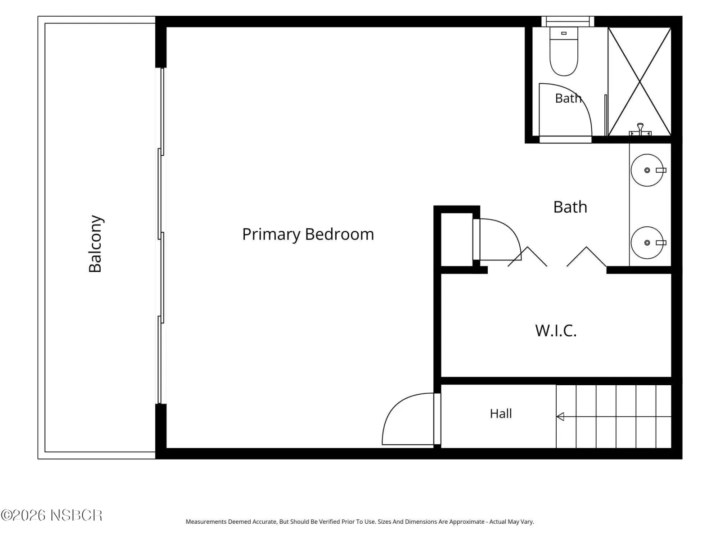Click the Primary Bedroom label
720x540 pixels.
pos(308,234)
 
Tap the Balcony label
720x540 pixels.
pos(95,243)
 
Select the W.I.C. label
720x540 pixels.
pos(556,330)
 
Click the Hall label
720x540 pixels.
pos(500,414)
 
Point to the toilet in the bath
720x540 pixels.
pos(563,51)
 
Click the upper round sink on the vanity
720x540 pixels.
pos(647,170)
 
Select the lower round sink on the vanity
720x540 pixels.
pos(647,243)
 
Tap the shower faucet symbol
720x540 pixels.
pos(639,130)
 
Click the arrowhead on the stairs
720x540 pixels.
pos(560,416)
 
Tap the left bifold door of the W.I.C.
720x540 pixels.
pos(527,256)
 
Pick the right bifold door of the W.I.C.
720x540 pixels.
pos(586,256)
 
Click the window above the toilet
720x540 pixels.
pos(567,22)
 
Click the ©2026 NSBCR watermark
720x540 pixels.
pos(51,515)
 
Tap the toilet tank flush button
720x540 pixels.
pos(563,33)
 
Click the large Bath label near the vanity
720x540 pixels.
pos(570,207)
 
